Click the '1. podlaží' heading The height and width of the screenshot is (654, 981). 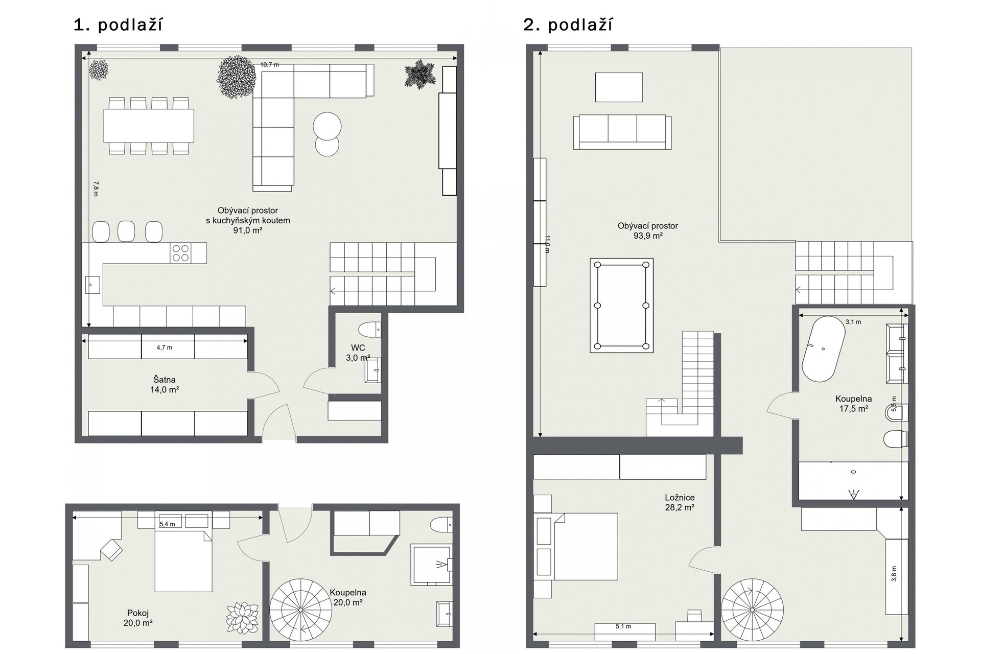coord(118,25)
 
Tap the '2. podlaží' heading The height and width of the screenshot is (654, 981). coord(568,25)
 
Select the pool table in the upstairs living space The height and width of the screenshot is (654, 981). coord(622,306)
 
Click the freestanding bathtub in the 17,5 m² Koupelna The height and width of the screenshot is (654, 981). coord(823,349)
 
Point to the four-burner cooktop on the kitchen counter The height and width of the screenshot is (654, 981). coord(181,253)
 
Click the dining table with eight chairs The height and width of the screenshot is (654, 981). coord(149,126)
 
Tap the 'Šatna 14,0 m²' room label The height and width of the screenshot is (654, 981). coord(165,384)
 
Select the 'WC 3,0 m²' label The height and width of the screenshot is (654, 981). coord(358,353)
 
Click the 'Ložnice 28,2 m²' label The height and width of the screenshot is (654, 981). coord(680,502)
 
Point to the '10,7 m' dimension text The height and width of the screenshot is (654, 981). coord(270,65)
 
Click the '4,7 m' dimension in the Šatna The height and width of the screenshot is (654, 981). coord(165,347)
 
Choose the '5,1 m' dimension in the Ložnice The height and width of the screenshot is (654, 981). coord(623,626)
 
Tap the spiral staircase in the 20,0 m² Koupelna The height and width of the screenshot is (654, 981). coord(301,610)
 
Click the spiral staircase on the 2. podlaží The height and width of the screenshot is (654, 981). coord(752,610)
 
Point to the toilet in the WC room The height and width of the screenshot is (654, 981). coord(370,330)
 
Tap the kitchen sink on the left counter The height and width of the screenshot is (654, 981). coord(92,285)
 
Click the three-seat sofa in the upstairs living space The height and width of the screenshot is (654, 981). coord(622,132)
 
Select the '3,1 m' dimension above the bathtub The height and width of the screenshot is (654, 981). coord(853,322)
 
